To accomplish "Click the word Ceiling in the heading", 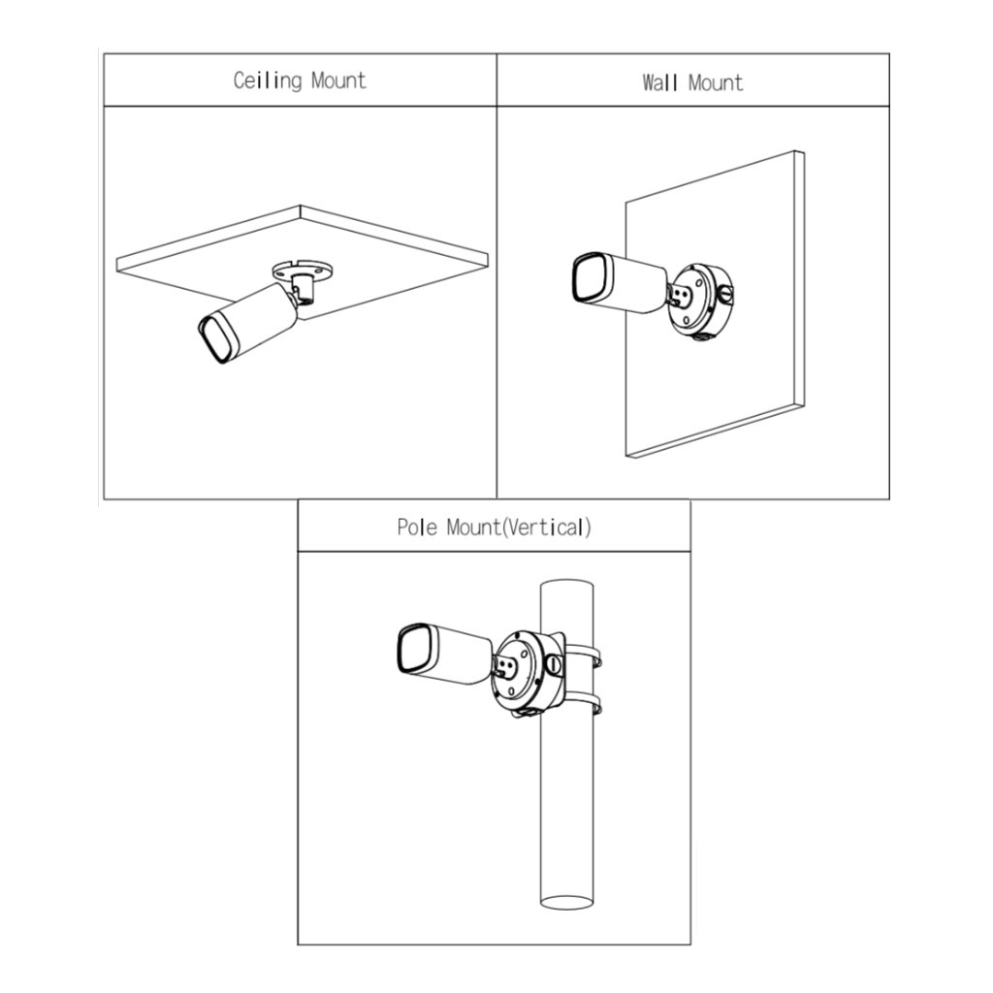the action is tap(268, 81).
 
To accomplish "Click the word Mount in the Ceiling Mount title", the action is tap(338, 80).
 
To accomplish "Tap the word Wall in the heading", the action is tap(659, 82).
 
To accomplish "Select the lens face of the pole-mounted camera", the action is tap(415, 649).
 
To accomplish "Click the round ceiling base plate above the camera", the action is tap(302, 271).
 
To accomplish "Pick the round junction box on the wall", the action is tap(701, 300).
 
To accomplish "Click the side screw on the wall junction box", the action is tap(726, 293).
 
